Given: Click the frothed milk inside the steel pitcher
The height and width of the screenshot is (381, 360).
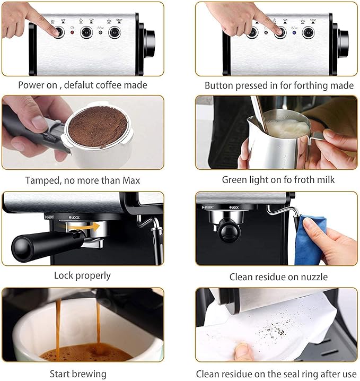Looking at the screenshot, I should [x=287, y=127].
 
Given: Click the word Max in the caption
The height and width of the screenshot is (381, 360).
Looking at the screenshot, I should [x=130, y=180].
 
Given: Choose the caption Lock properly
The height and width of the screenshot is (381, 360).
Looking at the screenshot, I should [x=82, y=275].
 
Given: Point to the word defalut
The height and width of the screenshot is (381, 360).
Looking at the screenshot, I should [x=81, y=85].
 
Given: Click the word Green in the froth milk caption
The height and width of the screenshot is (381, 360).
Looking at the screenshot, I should [x=234, y=180].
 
